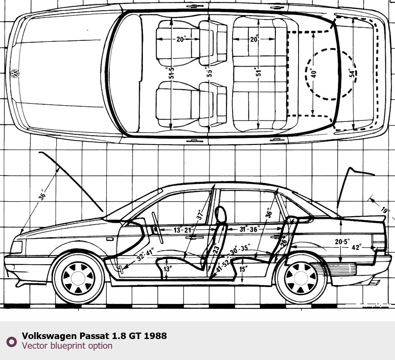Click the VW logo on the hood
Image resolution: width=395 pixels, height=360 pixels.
(x=15, y=73)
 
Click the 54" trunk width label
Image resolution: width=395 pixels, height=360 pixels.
(x=352, y=73)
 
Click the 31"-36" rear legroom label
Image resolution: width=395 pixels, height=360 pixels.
(x=249, y=229)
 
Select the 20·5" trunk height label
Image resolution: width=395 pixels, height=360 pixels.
(x=342, y=242)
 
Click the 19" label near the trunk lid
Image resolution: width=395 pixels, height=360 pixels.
(x=384, y=210)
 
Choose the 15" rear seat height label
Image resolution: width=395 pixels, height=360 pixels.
(x=243, y=269)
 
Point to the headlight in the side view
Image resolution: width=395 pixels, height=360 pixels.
(x=16, y=247)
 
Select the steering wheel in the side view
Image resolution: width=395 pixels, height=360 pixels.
(x=157, y=228)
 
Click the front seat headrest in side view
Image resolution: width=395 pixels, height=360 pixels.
(x=220, y=214)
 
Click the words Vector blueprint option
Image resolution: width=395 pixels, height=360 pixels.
(x=67, y=345)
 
